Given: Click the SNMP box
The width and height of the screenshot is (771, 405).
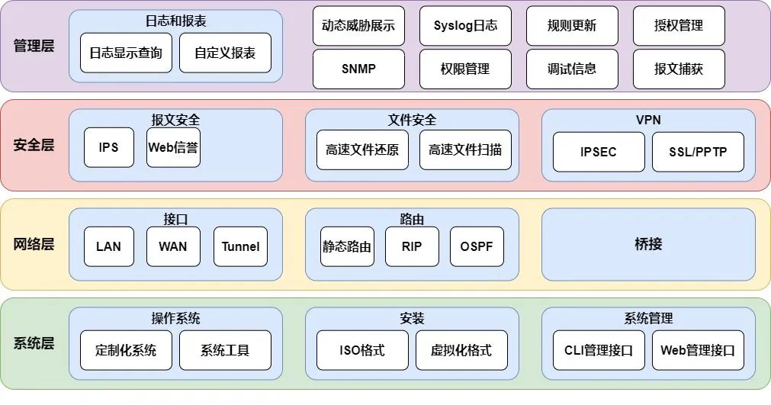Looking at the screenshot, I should click(358, 69).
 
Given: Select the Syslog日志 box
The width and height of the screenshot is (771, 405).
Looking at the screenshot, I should click(465, 26).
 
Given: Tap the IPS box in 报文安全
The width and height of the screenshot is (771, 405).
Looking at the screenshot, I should click(109, 147).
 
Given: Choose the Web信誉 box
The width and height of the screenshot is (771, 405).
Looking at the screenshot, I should click(174, 147).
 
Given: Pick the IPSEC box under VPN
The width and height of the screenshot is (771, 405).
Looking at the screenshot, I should click(599, 152).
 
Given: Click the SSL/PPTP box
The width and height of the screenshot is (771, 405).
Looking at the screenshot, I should click(698, 152).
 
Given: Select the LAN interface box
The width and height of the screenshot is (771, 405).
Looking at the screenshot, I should click(109, 246).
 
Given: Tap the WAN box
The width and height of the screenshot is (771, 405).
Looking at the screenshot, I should click(174, 246).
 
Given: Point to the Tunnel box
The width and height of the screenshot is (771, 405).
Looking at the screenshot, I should click(240, 246).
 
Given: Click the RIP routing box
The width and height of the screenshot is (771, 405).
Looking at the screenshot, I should click(412, 246).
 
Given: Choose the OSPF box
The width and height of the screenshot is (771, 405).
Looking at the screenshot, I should click(477, 246).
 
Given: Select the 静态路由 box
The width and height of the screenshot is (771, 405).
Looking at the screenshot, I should click(347, 246).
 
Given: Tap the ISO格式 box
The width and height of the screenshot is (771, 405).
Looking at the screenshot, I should click(362, 350).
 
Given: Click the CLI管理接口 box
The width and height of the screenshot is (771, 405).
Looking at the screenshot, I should click(599, 350).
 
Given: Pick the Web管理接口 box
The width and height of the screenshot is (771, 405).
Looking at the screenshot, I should click(698, 350).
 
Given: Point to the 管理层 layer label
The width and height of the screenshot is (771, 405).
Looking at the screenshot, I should click(34, 46).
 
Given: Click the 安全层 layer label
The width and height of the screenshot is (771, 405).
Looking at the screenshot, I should click(34, 145).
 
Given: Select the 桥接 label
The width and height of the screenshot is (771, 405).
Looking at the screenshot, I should click(648, 244).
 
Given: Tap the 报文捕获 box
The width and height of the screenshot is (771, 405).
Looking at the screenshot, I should click(679, 69).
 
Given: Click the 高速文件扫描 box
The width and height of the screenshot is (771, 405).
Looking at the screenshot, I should click(465, 149).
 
